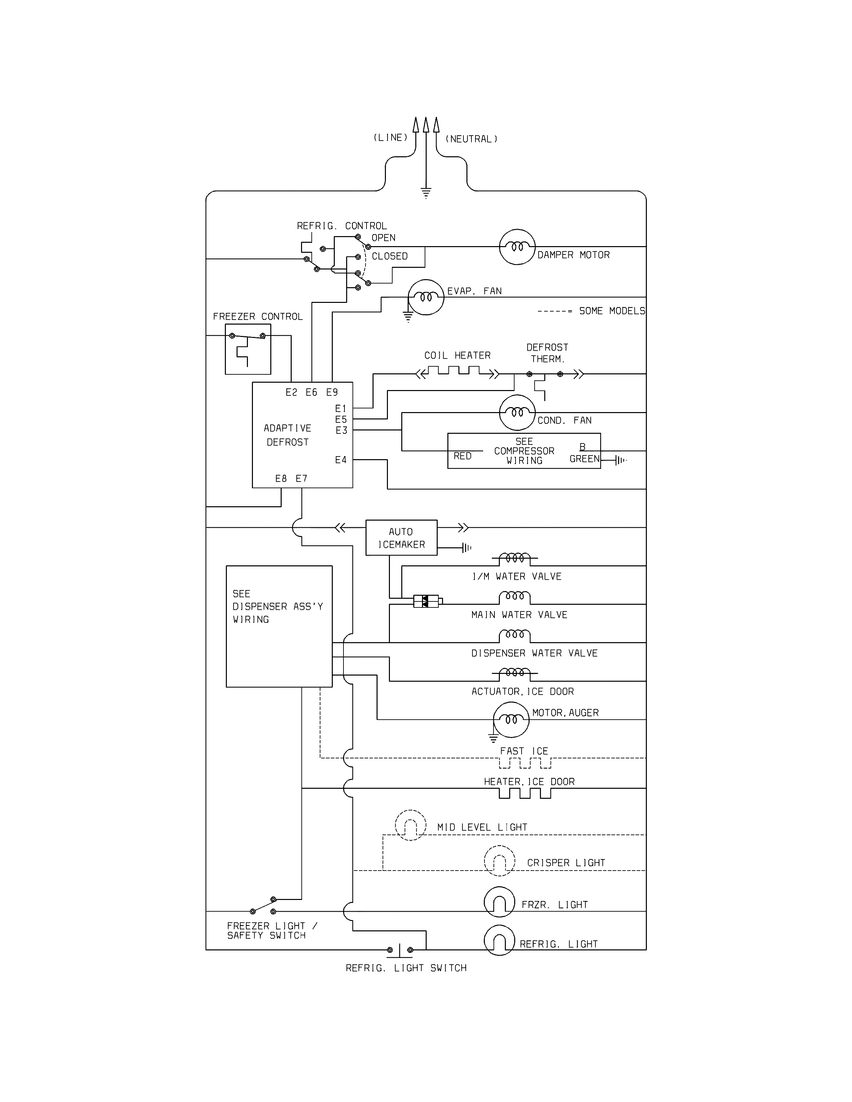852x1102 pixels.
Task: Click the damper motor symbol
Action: coord(517,247)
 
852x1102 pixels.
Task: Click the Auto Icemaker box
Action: coord(401,538)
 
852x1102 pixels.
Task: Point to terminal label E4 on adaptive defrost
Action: coord(341,460)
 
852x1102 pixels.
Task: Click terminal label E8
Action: coord(281,478)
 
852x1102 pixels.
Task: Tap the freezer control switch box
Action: coord(248,349)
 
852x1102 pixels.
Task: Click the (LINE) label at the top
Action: coord(390,138)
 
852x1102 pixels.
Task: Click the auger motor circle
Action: coord(511,720)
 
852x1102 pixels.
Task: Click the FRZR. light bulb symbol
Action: coord(499,902)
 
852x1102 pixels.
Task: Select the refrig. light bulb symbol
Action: coord(499,940)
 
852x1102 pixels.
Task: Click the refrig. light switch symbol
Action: coord(400,950)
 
